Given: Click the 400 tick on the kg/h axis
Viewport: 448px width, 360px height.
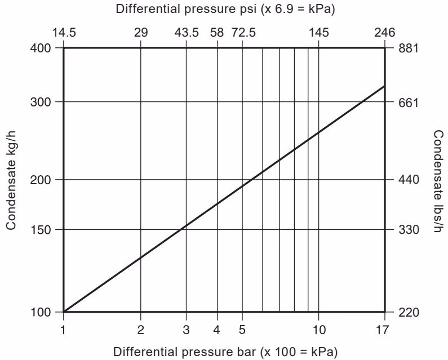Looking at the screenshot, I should (x=41, y=48).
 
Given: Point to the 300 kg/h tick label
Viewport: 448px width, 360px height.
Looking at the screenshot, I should (x=41, y=102).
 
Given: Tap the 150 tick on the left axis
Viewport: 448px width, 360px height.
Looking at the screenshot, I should (x=41, y=230).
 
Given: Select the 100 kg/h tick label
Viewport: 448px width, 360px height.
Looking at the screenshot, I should (x=41, y=312).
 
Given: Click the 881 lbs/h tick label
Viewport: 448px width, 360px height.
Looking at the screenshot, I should (x=409, y=48).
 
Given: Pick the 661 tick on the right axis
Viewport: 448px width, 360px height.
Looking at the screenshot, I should (x=409, y=102).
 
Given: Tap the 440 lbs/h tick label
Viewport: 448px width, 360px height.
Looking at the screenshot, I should (x=409, y=180).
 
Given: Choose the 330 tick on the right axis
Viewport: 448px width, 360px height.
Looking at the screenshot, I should (x=409, y=230).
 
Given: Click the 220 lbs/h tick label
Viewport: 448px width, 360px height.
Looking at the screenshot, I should (x=409, y=312).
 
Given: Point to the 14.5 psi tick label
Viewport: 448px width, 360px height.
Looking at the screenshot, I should (x=64, y=33).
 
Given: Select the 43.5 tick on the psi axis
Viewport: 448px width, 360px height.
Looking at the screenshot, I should (x=187, y=33).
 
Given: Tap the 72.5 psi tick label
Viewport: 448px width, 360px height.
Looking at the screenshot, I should (x=243, y=33).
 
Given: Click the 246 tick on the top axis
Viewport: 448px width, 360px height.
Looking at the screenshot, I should (x=384, y=33).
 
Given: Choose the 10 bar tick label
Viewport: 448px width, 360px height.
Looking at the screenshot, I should (x=319, y=330).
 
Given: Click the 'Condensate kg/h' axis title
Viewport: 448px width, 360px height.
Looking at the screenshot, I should (x=11, y=180).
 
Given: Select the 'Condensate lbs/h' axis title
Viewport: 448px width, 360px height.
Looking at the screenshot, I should (x=438, y=180).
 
